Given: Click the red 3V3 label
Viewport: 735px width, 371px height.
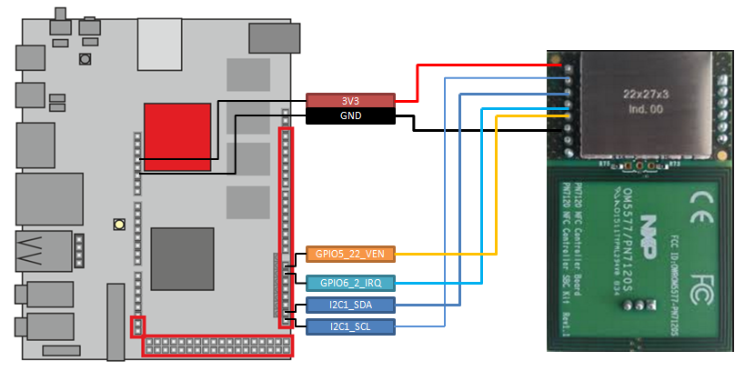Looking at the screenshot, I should click(349, 100).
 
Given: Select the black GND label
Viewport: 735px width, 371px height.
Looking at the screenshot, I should click(349, 116).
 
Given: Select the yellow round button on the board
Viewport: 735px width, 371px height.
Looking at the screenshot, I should click(118, 224).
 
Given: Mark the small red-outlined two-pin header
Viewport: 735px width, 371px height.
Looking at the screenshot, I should click(138, 325).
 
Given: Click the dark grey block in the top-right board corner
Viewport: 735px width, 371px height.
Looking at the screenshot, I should click(274, 37).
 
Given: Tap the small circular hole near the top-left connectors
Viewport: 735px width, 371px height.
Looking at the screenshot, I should click(85, 59).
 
